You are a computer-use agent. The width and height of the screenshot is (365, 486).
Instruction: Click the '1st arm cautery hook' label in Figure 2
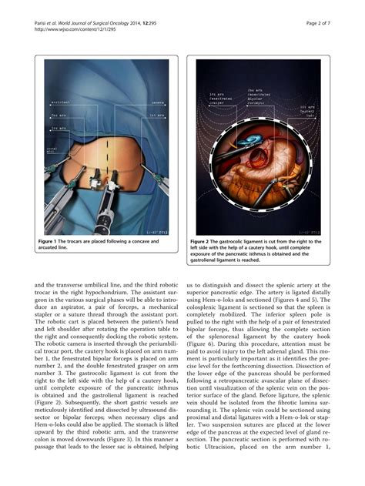306,110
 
